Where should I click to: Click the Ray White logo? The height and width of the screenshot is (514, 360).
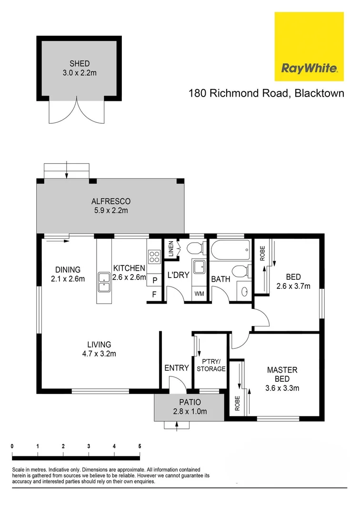310,47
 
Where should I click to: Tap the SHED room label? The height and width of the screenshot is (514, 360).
79,63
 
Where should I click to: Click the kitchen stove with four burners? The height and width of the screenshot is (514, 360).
154,257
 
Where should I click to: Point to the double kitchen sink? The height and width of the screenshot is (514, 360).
104,282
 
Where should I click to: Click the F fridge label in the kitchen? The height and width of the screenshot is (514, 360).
154,294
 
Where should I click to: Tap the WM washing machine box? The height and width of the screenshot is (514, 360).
199,294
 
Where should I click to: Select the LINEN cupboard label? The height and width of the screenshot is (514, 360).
171,250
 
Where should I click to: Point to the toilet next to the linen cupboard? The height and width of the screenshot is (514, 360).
195,248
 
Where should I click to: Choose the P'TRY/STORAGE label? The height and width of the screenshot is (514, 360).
211,365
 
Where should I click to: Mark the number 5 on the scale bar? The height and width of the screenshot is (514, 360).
140,446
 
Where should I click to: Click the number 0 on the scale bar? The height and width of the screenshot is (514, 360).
12,446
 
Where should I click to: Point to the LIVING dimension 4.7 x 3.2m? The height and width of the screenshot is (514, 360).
99,353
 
